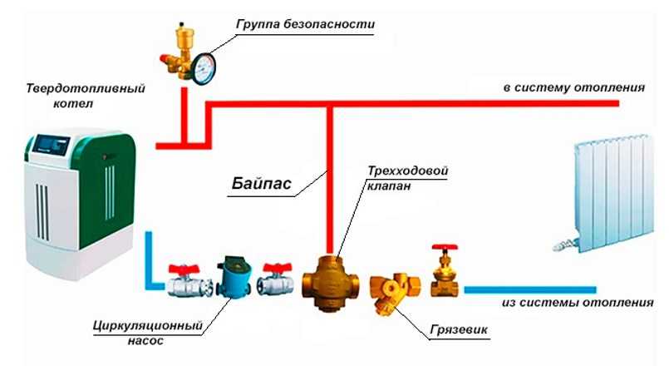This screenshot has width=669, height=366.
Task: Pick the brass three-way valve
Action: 331,282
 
